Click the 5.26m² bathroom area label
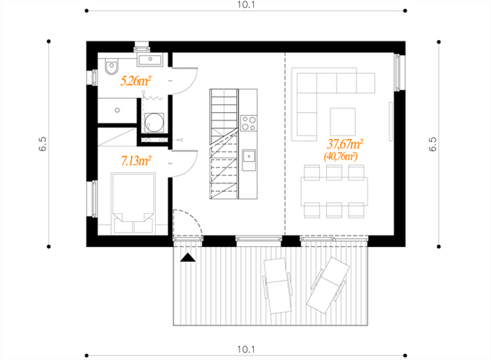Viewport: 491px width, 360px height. (136, 81)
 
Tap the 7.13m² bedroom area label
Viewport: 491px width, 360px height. (137, 161)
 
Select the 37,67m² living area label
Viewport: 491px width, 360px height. (344, 144)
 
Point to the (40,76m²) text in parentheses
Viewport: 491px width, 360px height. (341, 156)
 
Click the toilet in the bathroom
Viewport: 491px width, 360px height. (111, 67)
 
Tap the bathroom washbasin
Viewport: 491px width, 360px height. (150, 60)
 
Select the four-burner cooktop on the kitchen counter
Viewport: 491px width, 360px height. (249, 123)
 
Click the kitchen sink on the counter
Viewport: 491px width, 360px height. (249, 156)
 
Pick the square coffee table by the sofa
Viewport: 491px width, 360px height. (343, 122)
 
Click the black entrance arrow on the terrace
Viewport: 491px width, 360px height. (188, 257)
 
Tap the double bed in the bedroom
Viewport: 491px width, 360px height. (133, 203)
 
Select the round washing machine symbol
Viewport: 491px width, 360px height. (153, 123)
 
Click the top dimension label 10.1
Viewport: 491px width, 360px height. (245, 5)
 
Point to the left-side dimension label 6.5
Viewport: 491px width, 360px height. (43, 144)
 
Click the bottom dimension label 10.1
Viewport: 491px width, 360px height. (245, 349)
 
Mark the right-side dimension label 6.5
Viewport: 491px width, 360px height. (433, 144)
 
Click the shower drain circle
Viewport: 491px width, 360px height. (117, 111)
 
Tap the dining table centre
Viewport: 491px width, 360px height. (334, 191)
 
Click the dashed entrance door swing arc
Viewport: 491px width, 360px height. (195, 219)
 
